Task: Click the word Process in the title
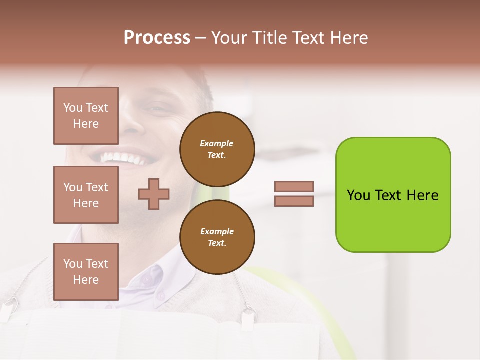(157, 38)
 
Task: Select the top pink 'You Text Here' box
(86, 116)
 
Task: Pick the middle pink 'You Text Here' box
(86, 195)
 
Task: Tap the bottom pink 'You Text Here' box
(86, 272)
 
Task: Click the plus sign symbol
(154, 194)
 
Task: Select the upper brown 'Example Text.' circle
(217, 149)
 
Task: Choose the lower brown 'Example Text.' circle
(217, 237)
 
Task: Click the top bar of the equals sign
(294, 186)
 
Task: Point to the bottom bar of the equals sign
(294, 201)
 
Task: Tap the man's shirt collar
(155, 280)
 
